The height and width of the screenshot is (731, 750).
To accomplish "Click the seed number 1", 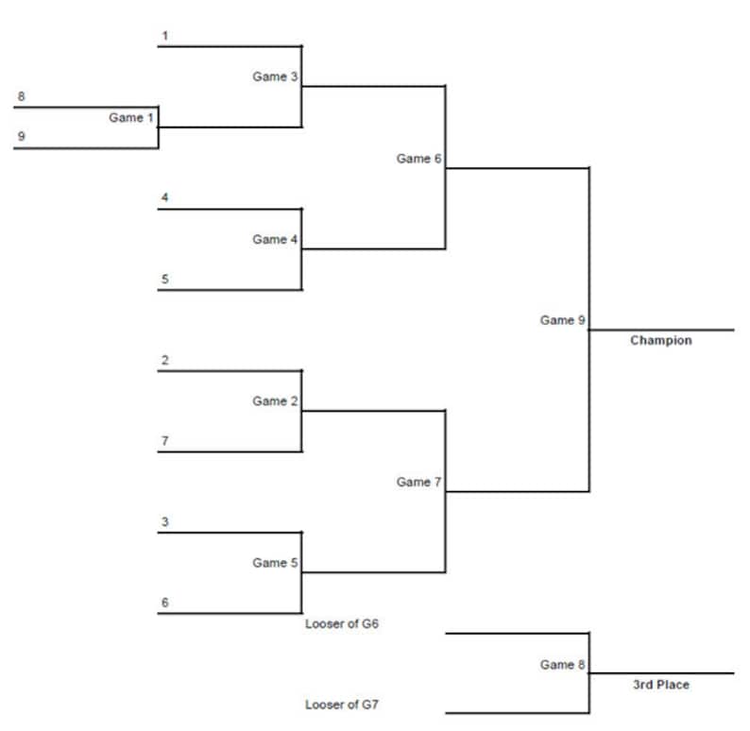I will click(x=164, y=36).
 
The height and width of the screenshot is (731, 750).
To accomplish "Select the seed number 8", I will click(x=21, y=96).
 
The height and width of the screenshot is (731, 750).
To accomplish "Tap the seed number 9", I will click(x=21, y=136).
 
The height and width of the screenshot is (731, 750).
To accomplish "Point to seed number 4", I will click(x=164, y=198).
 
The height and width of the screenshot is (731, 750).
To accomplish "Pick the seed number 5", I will click(x=164, y=279).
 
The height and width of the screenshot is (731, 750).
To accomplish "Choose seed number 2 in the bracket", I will click(x=164, y=360).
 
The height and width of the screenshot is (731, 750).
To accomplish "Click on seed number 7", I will click(x=164, y=441).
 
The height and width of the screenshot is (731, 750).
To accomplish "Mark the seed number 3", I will click(x=164, y=522).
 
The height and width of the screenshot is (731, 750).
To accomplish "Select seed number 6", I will click(x=164, y=603).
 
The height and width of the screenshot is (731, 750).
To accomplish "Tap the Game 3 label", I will click(x=275, y=76).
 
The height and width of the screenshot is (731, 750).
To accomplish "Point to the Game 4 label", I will click(x=275, y=240).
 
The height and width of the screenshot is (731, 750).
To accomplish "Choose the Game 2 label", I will click(x=275, y=401).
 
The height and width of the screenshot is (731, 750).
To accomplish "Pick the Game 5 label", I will click(x=275, y=563).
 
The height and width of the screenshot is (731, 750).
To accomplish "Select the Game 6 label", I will click(x=418, y=159).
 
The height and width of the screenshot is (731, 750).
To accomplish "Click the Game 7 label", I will click(x=418, y=482).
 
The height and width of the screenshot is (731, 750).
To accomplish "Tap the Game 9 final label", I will click(x=563, y=320).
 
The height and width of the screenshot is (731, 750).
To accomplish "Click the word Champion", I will click(x=660, y=340).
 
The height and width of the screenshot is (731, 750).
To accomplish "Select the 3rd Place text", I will click(x=660, y=684).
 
